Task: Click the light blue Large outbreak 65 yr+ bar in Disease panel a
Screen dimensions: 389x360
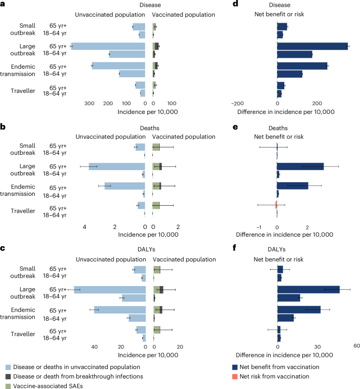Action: pyautogui.click(x=108, y=46)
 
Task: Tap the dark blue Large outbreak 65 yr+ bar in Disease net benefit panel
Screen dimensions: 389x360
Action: pyautogui.click(x=312, y=46)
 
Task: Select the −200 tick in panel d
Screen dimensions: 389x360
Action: pyautogui.click(x=238, y=103)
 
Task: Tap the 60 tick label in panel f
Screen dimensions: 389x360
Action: pyautogui.click(x=356, y=346)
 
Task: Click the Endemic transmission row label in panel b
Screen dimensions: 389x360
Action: pyautogui.click(x=19, y=190)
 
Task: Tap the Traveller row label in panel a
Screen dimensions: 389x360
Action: pyautogui.click(x=23, y=91)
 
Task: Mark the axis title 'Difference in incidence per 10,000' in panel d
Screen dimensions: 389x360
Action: pyautogui.click(x=286, y=112)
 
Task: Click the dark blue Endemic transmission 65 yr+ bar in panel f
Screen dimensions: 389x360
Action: pyautogui.click(x=299, y=309)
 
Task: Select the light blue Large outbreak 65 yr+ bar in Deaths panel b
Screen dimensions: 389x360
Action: pyautogui.click(x=117, y=166)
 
